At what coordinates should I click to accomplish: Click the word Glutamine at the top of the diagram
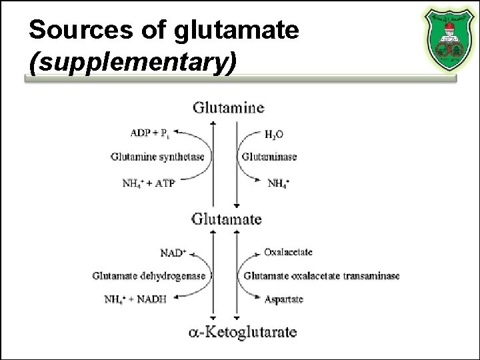228,107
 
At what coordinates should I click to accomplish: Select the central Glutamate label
227,219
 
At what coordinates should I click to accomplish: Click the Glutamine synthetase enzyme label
157,157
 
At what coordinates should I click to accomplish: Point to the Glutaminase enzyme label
269,157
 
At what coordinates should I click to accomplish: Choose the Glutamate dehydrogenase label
149,275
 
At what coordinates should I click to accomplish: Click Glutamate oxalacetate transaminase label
321,275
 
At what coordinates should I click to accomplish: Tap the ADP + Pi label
150,133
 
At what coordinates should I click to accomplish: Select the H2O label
273,134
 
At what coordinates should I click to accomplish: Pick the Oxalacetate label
288,252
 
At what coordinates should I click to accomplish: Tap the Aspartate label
283,299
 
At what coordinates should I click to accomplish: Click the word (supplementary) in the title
133,62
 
